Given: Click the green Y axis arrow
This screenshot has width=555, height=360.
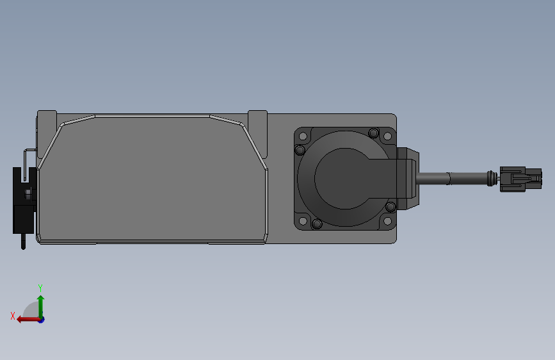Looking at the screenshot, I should click(x=40, y=304).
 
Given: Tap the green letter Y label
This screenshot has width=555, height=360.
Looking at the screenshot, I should click(x=40, y=288).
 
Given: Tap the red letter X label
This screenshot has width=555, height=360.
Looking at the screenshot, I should click(x=12, y=316).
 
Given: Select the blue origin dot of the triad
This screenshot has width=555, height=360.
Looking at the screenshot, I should click(x=41, y=319).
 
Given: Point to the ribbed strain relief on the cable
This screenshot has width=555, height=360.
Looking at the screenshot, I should click(x=492, y=178).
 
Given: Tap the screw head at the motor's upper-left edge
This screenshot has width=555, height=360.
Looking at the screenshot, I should click(x=299, y=151).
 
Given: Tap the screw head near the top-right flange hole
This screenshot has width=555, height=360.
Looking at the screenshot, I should click(x=373, y=133).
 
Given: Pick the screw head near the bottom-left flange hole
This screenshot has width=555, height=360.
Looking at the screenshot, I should click(x=317, y=224).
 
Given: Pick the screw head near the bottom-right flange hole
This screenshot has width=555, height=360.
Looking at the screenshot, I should click(x=390, y=206).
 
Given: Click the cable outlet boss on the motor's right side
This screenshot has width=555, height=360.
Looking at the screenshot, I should click(x=407, y=179).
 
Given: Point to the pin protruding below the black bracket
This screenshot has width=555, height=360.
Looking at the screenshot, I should click(x=24, y=242).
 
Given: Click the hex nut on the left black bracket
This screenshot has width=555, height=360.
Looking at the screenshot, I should click(x=28, y=192).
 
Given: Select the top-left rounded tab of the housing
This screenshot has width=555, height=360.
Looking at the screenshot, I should click(x=47, y=120).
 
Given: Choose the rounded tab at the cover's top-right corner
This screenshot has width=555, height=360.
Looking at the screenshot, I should click(x=257, y=119).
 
